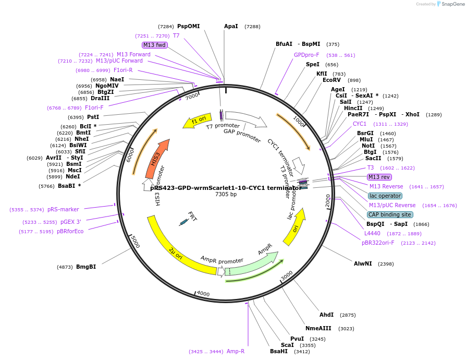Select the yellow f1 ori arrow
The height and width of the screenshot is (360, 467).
[x=197, y=121]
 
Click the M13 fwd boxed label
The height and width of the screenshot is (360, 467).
[x=154, y=45]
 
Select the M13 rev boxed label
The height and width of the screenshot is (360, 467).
[x=379, y=177]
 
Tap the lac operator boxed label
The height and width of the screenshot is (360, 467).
[x=385, y=196]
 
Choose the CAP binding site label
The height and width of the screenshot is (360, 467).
[x=390, y=214]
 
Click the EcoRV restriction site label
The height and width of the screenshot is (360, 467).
[x=331, y=80]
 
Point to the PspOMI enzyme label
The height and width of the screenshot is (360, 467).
[x=188, y=26]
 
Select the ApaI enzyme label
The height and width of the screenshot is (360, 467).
[x=231, y=26]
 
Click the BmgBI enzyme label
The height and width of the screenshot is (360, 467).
[x=86, y=267]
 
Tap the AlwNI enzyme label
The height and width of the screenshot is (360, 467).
[x=363, y=263]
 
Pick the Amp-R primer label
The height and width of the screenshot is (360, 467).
[x=236, y=352]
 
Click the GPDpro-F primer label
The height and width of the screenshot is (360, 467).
[x=306, y=55]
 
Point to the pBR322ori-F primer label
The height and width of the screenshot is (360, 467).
[x=378, y=243]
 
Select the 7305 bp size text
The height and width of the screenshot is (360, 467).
[x=226, y=195]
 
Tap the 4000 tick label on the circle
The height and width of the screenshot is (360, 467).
[x=203, y=294]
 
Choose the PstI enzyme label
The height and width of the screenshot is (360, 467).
[x=93, y=117]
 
